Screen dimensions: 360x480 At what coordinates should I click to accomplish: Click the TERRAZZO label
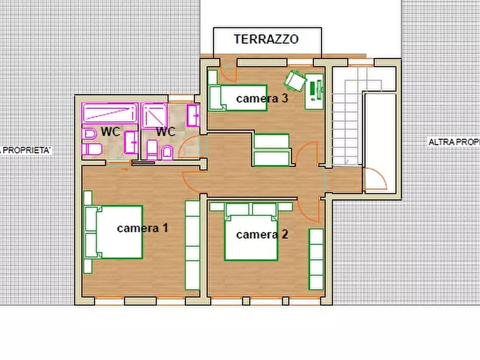click(266, 39)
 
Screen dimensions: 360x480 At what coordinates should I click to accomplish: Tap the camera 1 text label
click(142, 228)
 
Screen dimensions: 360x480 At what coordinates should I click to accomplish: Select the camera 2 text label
click(262, 234)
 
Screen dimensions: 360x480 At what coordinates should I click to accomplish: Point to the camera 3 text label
click(262, 98)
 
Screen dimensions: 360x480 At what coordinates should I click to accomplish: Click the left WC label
click(110, 132)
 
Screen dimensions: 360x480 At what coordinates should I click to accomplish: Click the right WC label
click(166, 132)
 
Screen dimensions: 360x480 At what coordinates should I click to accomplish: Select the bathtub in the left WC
click(110, 113)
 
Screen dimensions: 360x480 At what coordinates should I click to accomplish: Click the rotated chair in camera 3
click(295, 81)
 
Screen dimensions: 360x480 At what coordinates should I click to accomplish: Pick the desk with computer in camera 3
click(316, 90)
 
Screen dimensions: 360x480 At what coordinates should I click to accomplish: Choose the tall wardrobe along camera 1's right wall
click(192, 244)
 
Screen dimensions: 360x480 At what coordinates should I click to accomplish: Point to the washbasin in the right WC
click(194, 116)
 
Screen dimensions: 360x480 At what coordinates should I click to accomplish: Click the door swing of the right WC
click(189, 147)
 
